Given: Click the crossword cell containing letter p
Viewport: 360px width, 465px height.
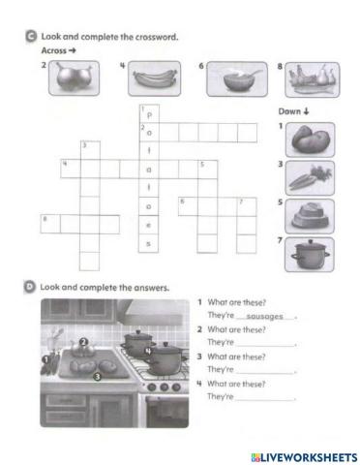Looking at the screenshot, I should click(x=148, y=113).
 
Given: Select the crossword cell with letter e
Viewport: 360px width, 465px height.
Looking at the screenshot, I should click(x=148, y=225).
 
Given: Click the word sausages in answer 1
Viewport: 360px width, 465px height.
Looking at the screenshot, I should click(x=263, y=317).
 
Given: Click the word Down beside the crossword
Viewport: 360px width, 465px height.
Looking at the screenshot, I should click(x=295, y=112).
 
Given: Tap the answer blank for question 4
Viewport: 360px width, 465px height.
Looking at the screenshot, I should click(x=263, y=397).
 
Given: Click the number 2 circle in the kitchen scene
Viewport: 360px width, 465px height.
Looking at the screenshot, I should click(x=84, y=342).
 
